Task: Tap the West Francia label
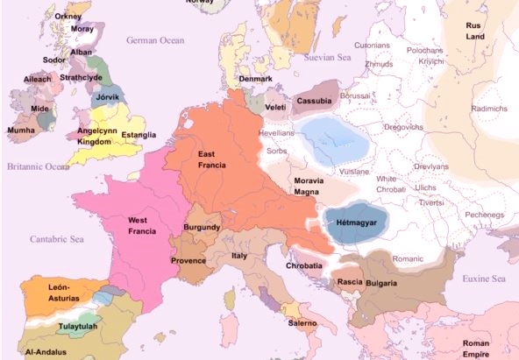pos(142,225)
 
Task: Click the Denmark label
pos(256,79)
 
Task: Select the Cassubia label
pos(314,101)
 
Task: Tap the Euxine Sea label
pos(484,279)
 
